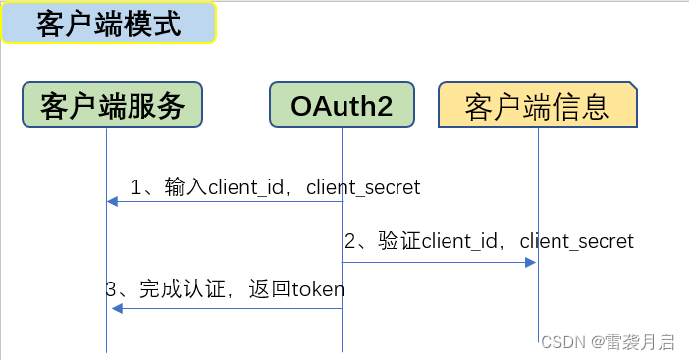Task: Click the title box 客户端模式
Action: [108, 24]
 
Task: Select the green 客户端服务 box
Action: [113, 105]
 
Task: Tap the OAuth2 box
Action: [342, 105]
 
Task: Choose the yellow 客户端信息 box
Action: [537, 106]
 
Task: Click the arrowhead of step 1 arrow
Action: [112, 201]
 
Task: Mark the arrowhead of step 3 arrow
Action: [117, 309]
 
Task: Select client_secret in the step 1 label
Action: [363, 186]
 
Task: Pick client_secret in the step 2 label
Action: [577, 241]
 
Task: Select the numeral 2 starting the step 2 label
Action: [349, 241]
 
